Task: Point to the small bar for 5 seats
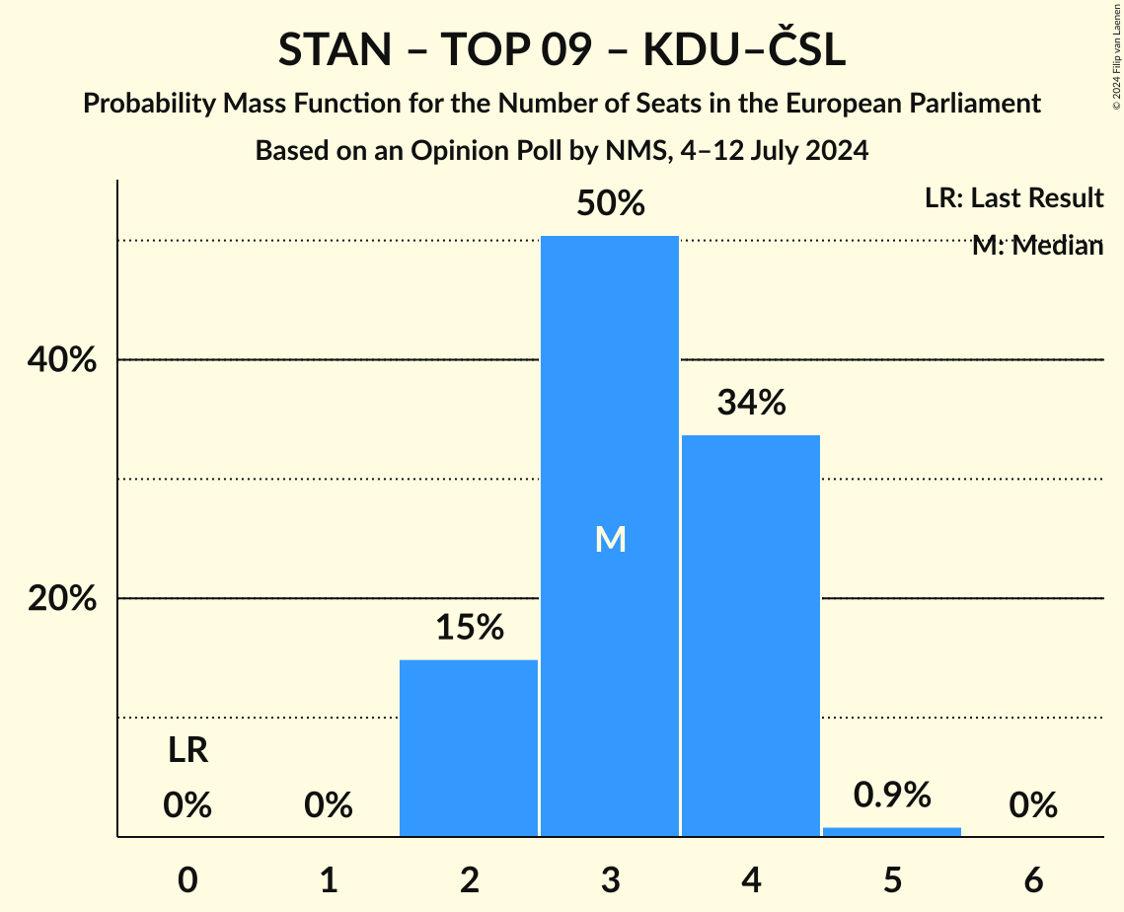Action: (892, 831)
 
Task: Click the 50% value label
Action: (610, 204)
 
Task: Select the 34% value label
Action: (751, 403)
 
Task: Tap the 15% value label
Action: (469, 628)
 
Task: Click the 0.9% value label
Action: (892, 795)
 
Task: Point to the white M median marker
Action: (610, 539)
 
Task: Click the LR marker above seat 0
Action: (187, 751)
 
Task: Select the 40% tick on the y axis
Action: (61, 361)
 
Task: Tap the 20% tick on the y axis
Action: (61, 599)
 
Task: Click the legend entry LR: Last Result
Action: (1013, 198)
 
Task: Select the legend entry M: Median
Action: (1037, 246)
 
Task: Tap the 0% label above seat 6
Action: (1033, 806)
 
